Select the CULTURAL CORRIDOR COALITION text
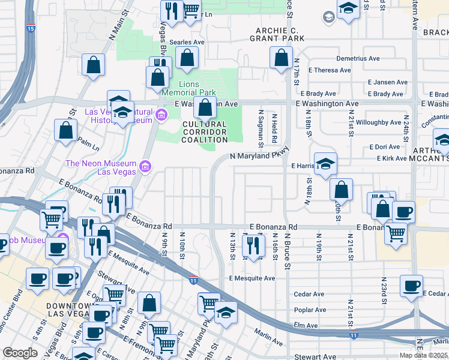click(205, 132)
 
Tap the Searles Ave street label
click(187, 43)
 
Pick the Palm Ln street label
click(88, 144)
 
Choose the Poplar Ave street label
click(310, 310)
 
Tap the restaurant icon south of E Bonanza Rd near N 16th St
click(253, 245)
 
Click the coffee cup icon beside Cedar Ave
click(411, 286)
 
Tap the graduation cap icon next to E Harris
click(325, 163)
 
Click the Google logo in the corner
click(20, 353)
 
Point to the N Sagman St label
click(261, 127)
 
